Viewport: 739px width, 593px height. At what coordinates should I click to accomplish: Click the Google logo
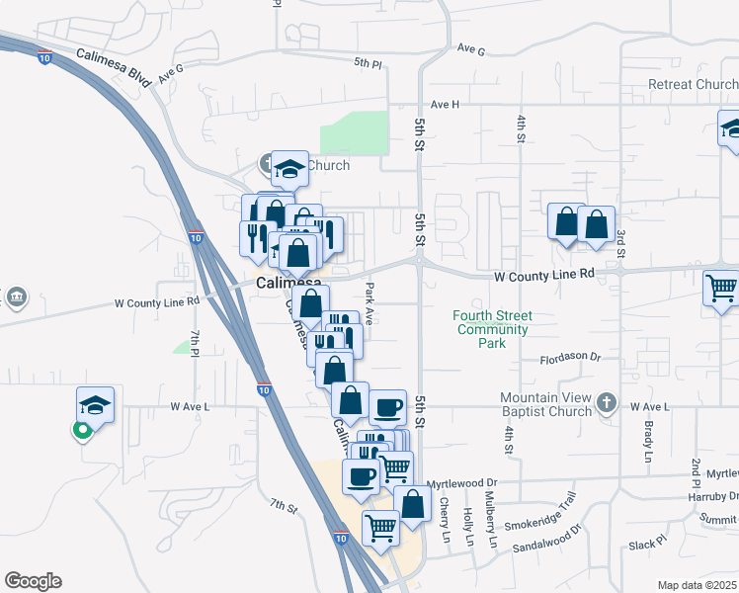point(33,581)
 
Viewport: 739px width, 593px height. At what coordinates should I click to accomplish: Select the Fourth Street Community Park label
point(493,329)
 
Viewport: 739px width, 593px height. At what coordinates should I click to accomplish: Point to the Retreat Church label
point(693,85)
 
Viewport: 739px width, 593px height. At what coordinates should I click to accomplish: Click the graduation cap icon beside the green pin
point(95,404)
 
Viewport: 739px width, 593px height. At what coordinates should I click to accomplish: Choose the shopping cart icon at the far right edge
point(722,289)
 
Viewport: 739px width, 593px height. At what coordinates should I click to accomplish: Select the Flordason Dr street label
point(569,356)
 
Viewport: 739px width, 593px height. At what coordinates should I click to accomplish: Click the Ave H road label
point(446,104)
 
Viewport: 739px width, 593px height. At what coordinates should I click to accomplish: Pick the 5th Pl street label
point(368,63)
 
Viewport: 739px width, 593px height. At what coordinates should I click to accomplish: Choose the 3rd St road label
point(621,244)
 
